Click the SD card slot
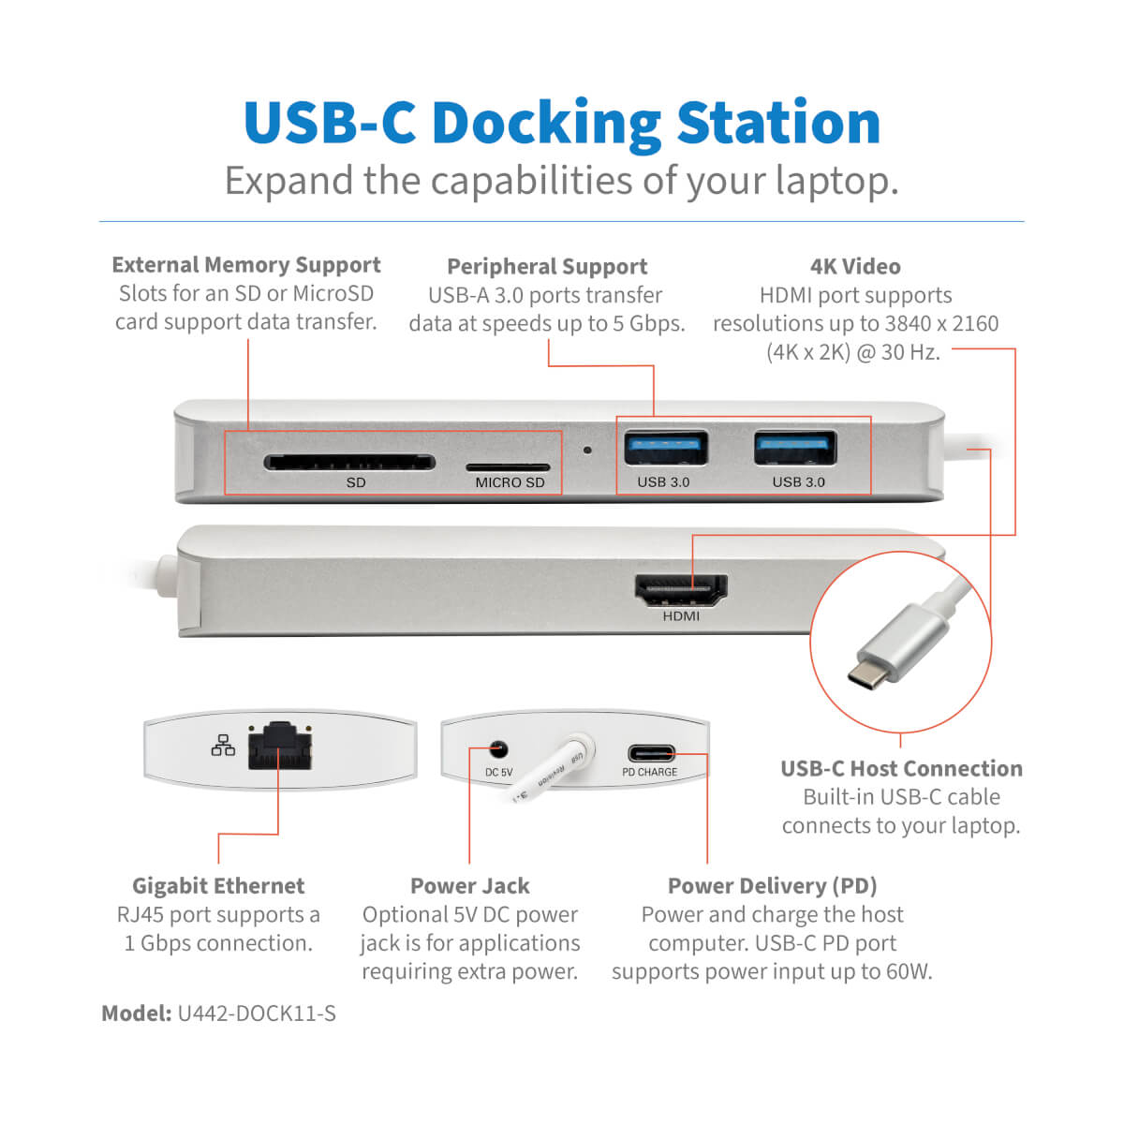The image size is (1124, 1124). [x=348, y=462]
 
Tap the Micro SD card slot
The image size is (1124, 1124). [x=508, y=466]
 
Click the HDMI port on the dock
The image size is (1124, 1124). [x=681, y=590]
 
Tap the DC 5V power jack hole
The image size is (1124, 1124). [x=498, y=749]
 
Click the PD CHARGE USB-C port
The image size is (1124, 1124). [x=650, y=753]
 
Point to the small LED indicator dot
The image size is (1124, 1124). [x=587, y=450]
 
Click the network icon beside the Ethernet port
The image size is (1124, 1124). [x=223, y=746]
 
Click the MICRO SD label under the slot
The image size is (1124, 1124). [x=510, y=482]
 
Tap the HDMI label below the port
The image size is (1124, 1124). [x=681, y=616]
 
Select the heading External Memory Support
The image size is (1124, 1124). [x=246, y=265]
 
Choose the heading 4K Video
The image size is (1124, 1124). [x=855, y=267]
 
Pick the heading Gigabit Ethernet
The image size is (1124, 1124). [x=218, y=886]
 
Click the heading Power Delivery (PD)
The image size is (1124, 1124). [x=772, y=886]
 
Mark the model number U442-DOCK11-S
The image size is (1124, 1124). [x=257, y=1013]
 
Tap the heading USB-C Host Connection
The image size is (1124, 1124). [x=901, y=769]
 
